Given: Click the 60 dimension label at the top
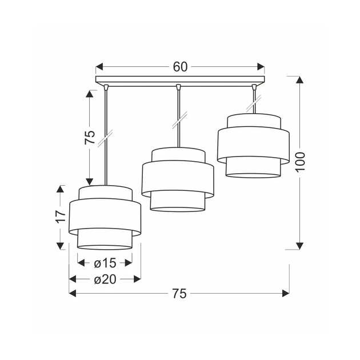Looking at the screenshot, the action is (180, 67).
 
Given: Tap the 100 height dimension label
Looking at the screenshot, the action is (301, 161).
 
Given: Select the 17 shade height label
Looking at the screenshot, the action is (61, 217).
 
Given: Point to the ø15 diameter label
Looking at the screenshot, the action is (105, 263).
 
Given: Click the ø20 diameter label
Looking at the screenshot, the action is (105, 279).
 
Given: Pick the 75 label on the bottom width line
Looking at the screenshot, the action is (179, 293).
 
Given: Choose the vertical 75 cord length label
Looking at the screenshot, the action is (90, 137).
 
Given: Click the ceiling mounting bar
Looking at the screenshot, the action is (180, 79).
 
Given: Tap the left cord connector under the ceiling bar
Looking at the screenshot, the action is (106, 87).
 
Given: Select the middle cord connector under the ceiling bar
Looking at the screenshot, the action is (178, 87).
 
